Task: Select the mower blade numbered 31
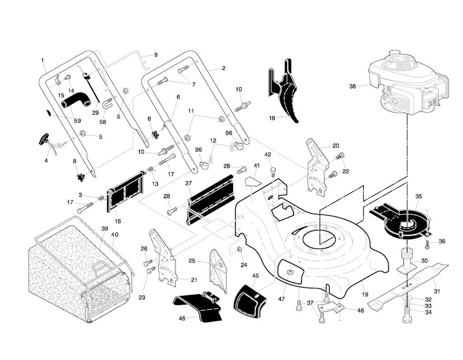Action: click(407, 285)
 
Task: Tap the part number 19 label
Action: click(365, 295)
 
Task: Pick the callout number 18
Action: click(272, 118)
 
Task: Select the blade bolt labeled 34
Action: click(406, 317)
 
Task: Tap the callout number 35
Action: click(419, 196)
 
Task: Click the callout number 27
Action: click(189, 183)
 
